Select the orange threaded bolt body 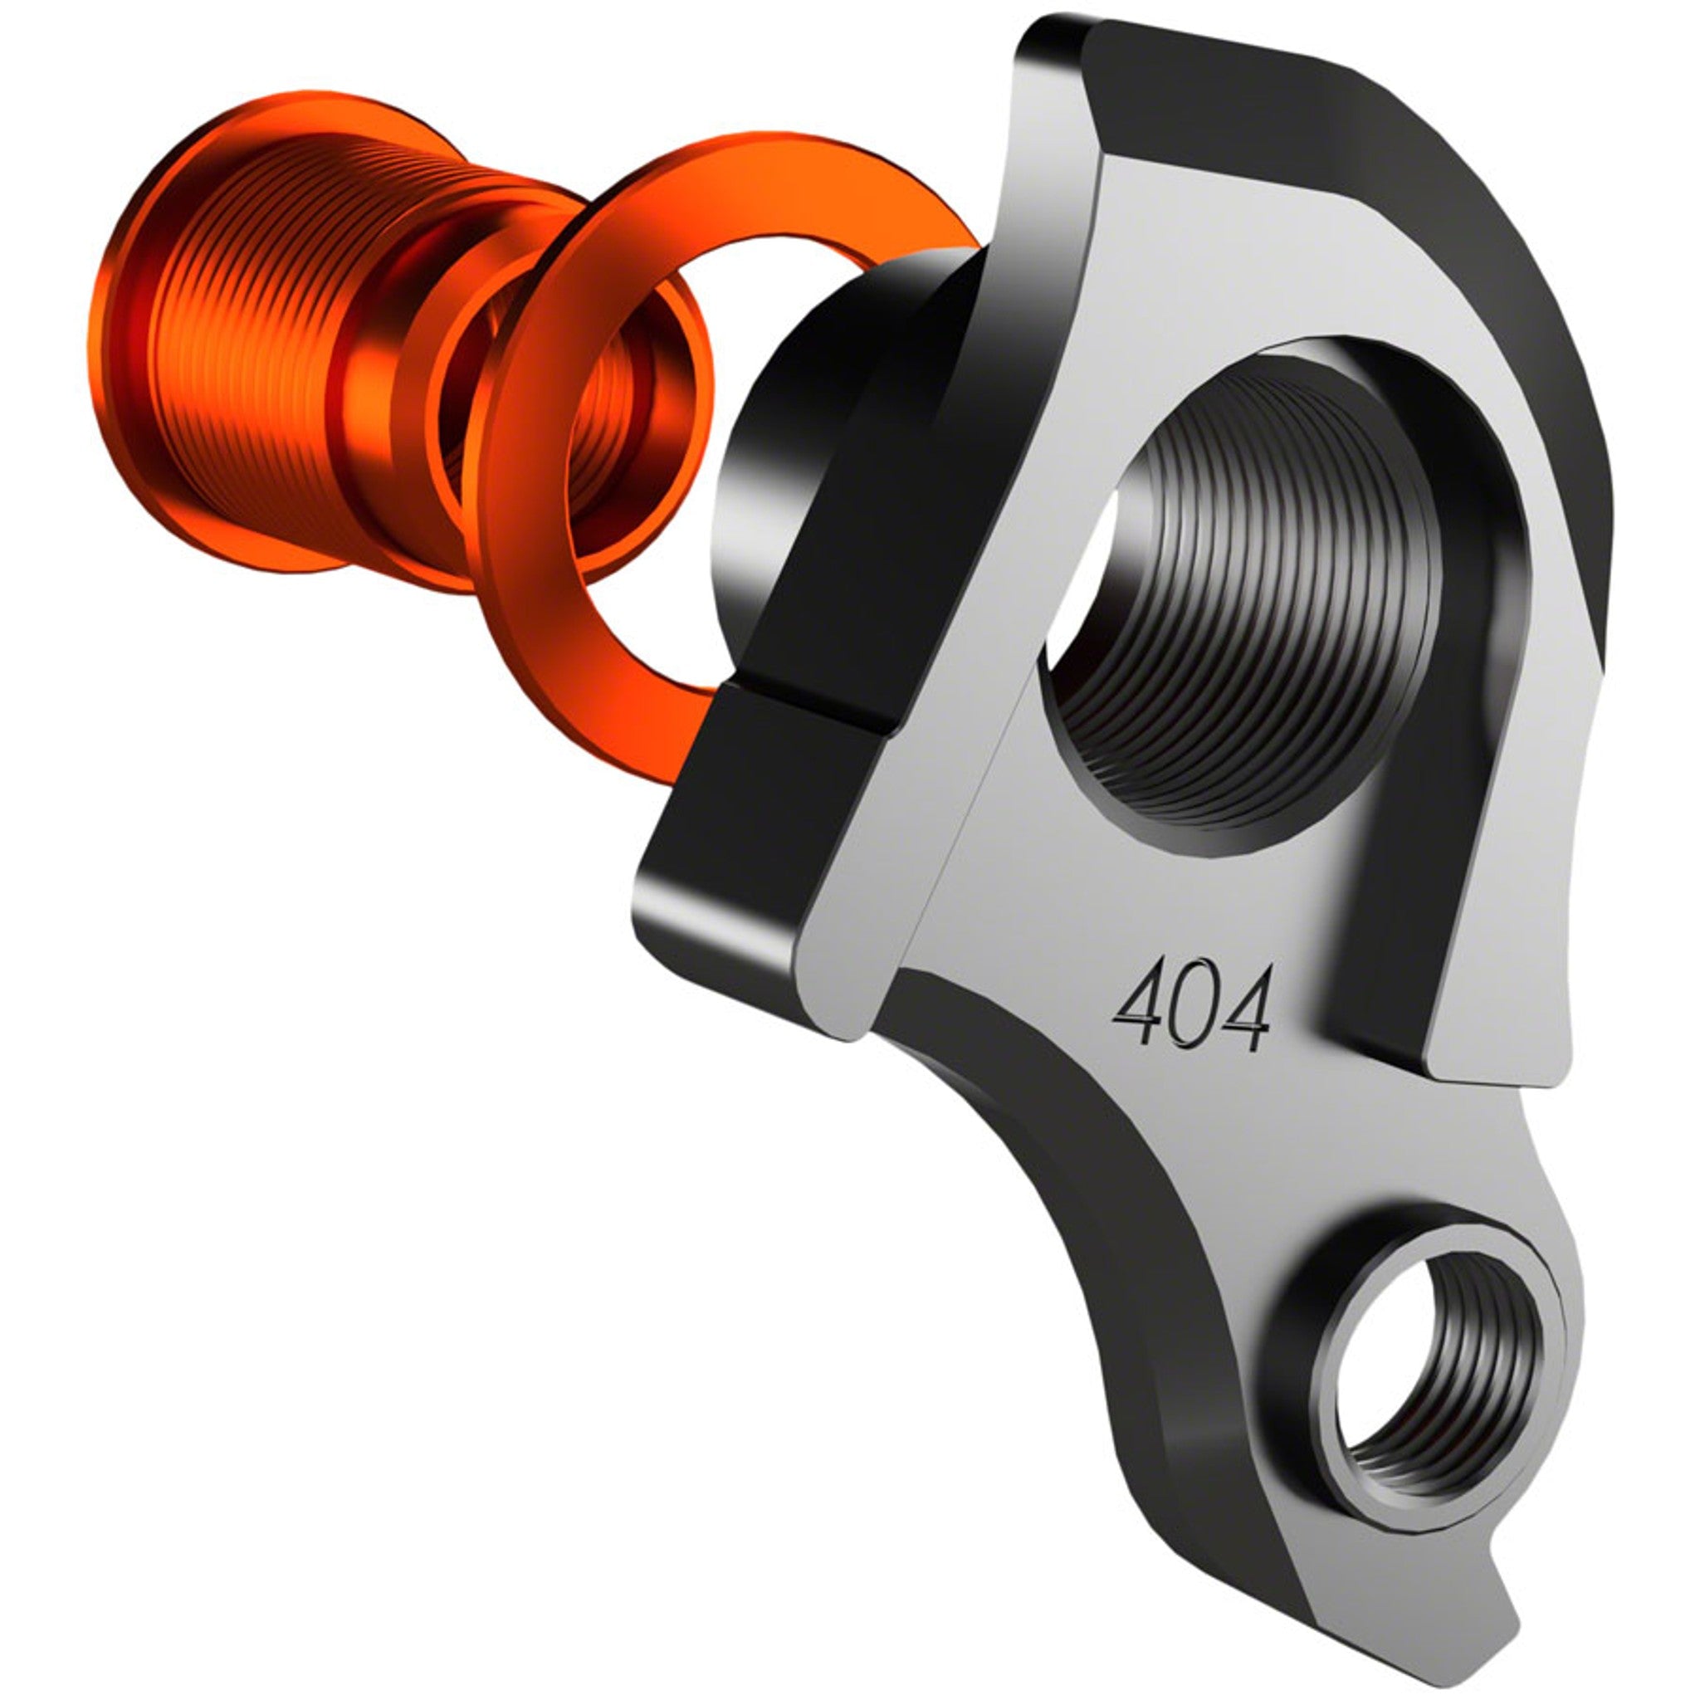click(x=255, y=352)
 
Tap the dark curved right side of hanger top click(x=1549, y=396)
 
